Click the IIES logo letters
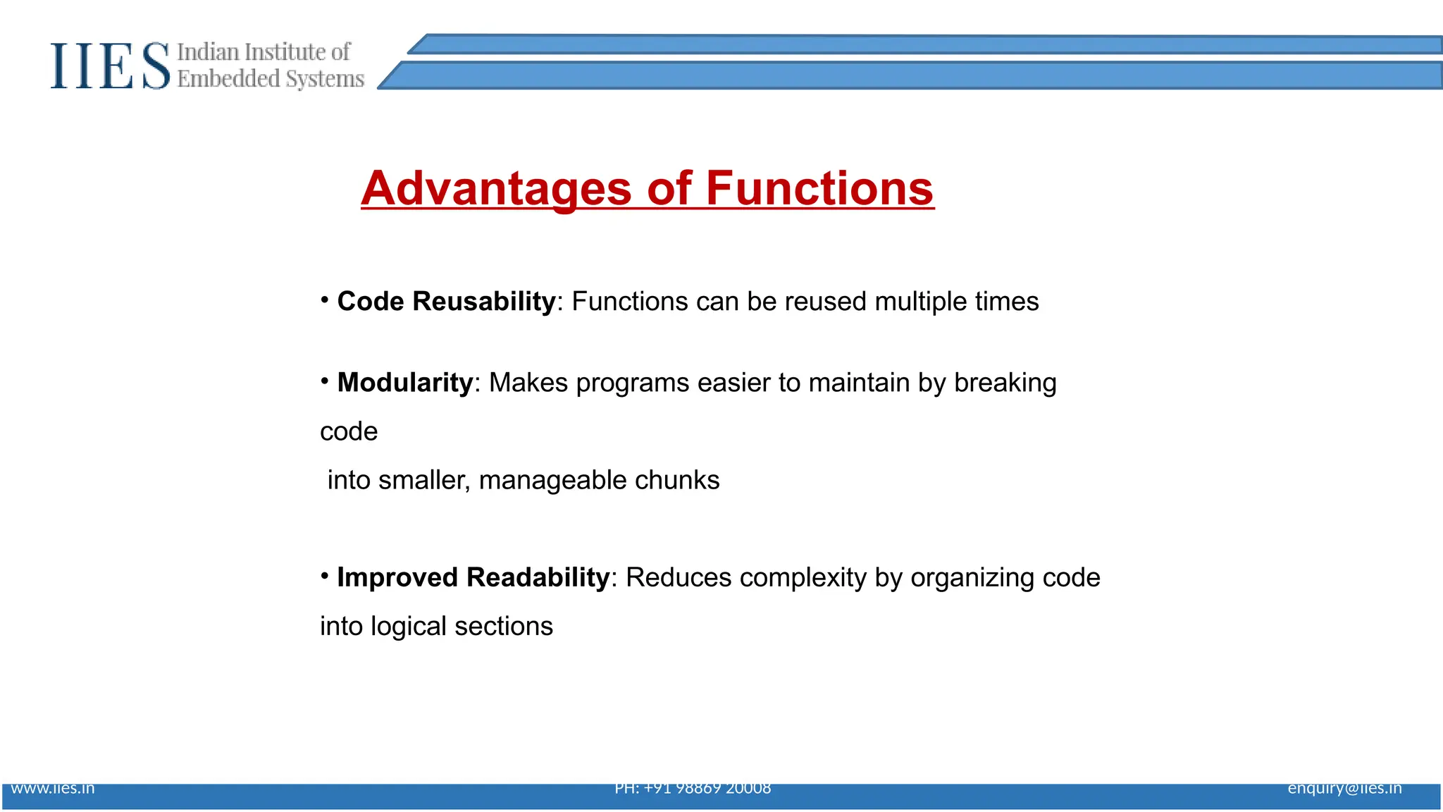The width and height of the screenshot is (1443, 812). [110, 66]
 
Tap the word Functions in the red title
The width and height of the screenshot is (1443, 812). [819, 188]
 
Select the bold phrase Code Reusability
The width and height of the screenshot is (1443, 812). [446, 302]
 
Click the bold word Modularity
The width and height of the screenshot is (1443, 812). [405, 383]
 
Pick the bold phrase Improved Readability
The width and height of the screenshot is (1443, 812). [473, 577]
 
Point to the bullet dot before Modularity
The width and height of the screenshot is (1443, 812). [325, 381]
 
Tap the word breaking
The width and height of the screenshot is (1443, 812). [1005, 383]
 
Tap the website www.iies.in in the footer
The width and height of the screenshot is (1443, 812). [53, 789]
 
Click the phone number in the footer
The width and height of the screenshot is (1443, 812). [693, 789]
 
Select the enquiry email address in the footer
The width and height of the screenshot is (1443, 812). [1344, 789]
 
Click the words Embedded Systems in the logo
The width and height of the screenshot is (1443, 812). [271, 79]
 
